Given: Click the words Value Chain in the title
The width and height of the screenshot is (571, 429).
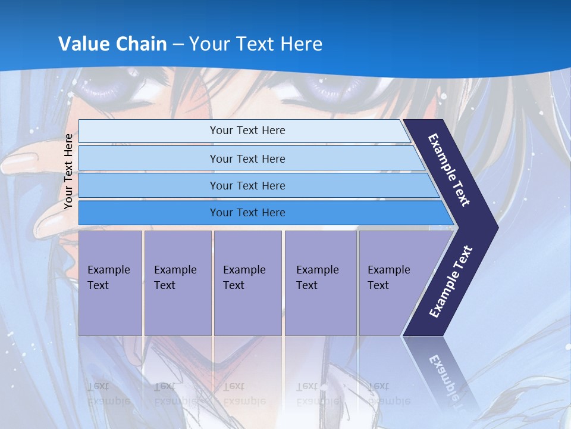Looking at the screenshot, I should (112, 44).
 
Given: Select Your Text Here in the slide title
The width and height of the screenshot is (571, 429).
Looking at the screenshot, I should (256, 44).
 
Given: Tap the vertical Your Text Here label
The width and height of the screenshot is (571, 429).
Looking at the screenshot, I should (68, 171).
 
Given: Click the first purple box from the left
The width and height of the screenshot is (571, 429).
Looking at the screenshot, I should (110, 283).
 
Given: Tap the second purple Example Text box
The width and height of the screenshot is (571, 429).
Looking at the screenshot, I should (177, 283).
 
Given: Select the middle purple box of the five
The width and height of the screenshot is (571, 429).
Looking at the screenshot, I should (247, 283).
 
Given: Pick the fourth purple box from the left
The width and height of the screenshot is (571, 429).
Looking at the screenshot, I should (321, 283).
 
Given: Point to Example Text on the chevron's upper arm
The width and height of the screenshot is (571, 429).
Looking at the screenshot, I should (449, 170).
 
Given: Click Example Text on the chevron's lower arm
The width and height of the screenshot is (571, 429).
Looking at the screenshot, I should (451, 282).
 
